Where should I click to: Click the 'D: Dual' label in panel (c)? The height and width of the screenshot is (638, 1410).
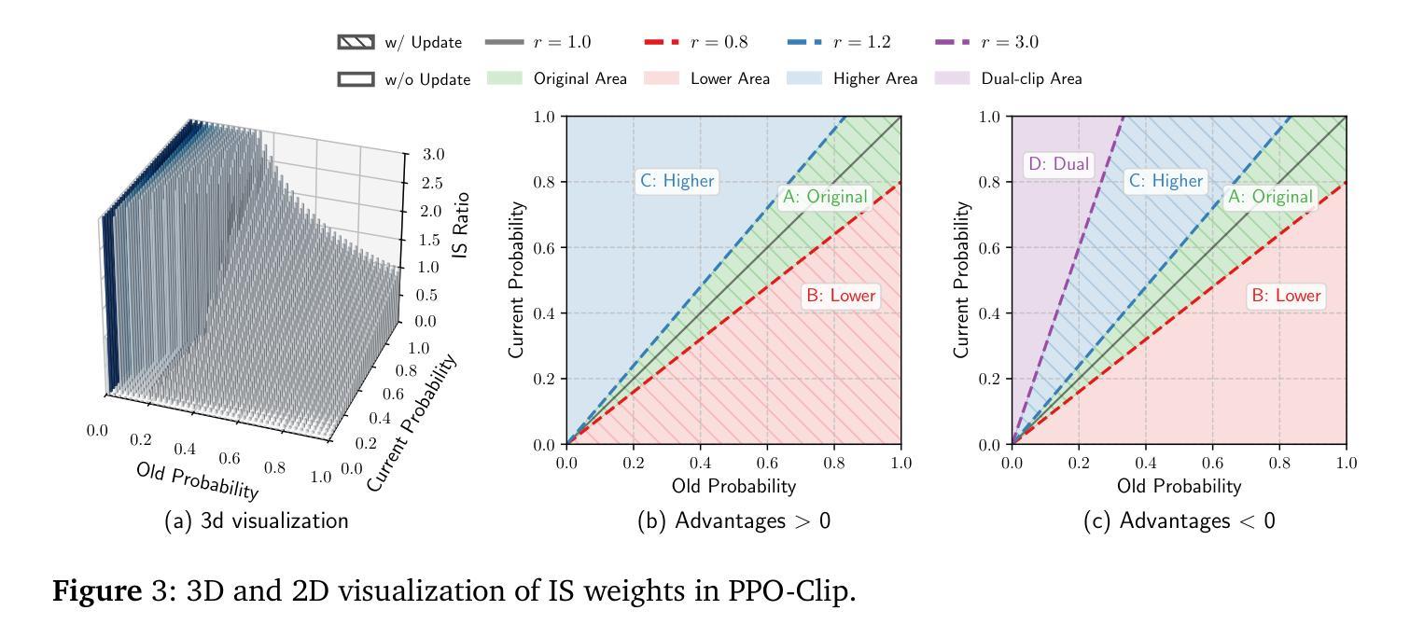[1058, 165]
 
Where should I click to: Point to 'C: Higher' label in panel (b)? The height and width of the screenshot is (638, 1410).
[676, 181]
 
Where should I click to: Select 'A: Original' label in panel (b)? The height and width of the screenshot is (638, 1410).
[823, 197]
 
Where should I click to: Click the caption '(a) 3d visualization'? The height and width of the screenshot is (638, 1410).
[256, 521]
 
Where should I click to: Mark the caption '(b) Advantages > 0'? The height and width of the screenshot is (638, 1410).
[733, 521]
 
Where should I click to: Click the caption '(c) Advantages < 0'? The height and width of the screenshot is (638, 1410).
[1179, 521]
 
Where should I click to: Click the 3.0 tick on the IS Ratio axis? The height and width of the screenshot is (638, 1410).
[431, 155]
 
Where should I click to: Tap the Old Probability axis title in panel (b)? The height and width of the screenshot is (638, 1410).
[733, 486]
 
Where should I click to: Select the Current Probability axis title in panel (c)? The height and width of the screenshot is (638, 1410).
[962, 281]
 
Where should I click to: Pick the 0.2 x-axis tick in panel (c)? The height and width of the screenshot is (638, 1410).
[1078, 463]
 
